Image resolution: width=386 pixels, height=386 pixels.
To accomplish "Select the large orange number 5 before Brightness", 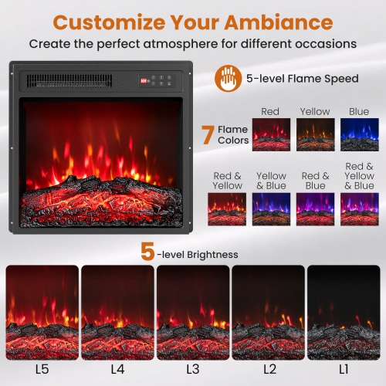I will pos(148,252).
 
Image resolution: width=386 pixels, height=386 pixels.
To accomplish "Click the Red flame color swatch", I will pos(270,134).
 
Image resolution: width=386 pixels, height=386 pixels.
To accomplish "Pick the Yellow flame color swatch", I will pos(315,134).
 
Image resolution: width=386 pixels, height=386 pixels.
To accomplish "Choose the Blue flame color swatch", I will pos(360,134).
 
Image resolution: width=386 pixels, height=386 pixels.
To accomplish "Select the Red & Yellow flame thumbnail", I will pos(227,208).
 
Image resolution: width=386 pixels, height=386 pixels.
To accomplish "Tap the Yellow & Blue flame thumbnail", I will pos(271,208).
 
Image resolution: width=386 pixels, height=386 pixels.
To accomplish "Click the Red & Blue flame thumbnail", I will pos(315,208).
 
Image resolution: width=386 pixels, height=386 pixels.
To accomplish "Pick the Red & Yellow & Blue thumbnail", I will pos(360,208).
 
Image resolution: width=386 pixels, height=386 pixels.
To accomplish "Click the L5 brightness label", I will pos(42,369).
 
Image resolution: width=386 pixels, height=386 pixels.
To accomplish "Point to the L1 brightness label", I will pos(343,369).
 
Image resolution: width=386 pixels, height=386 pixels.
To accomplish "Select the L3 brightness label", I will pos(192,369).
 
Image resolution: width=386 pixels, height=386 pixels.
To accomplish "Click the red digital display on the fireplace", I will pos(144,78).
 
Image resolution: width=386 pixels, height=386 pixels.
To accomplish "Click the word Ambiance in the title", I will pos(276,21).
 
